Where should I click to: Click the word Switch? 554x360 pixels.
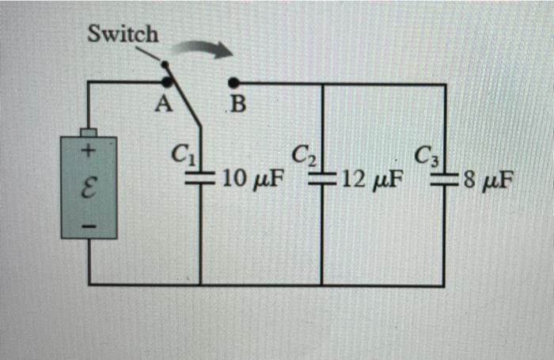coord(123,34)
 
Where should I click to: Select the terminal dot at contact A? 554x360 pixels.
coord(167,81)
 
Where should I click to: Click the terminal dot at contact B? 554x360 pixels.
coord(233,81)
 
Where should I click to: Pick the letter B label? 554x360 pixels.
coord(236,105)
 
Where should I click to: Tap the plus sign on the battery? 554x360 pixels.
coord(89,149)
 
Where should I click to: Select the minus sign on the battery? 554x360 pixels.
coord(89,226)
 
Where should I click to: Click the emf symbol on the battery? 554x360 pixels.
coord(89,188)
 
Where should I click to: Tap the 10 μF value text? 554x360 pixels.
coord(252,180)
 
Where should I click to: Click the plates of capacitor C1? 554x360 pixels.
coord(199,177)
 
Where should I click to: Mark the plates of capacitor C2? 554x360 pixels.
coord(322,180)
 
